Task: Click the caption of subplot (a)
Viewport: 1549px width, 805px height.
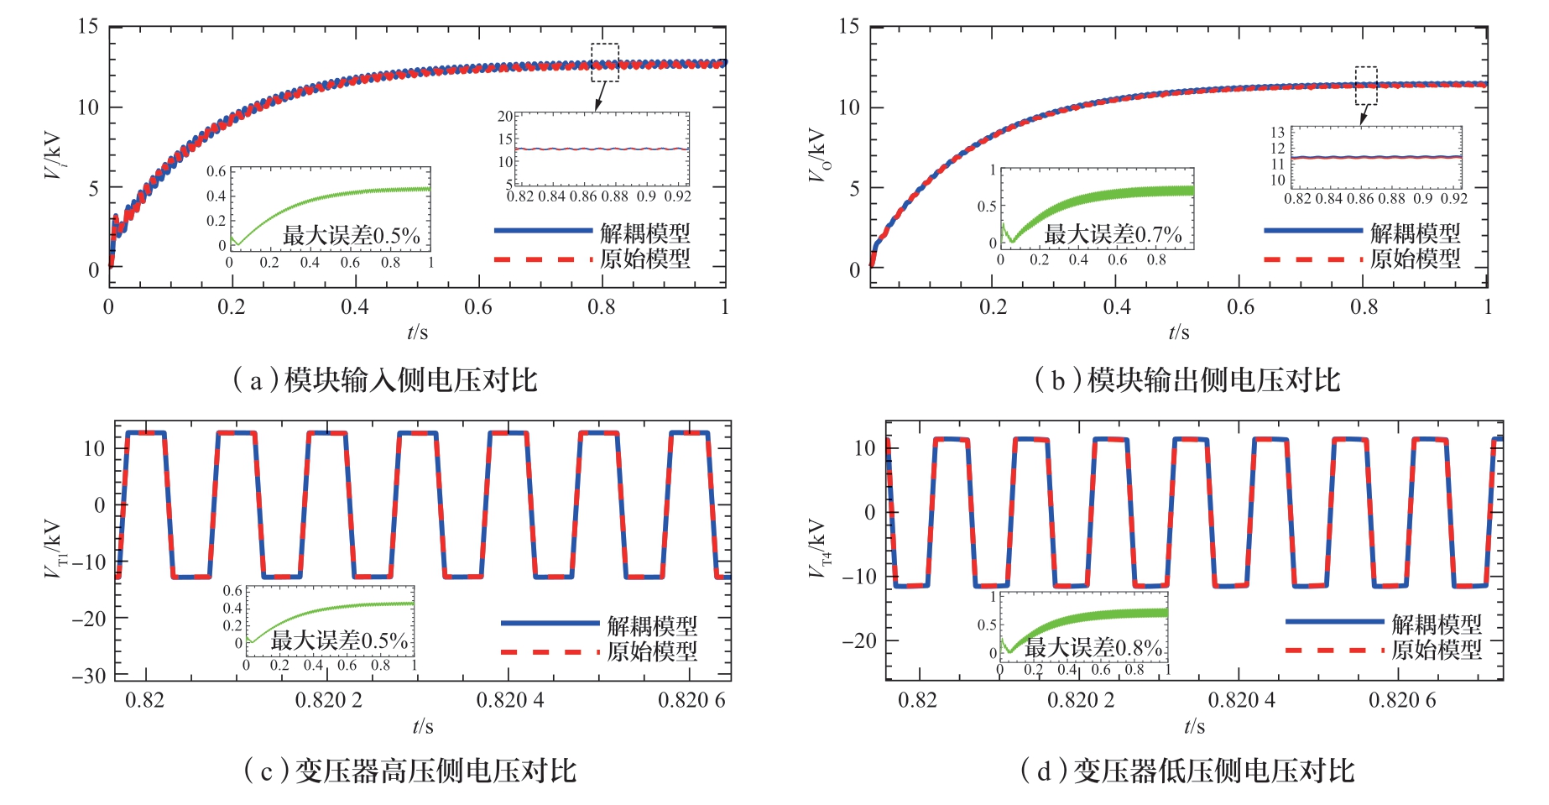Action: (385, 380)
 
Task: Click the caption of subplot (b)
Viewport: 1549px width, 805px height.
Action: (1187, 380)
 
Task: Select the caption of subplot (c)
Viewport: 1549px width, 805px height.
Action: (409, 771)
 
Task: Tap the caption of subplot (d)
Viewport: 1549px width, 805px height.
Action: (1187, 771)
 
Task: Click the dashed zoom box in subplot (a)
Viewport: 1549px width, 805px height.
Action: (605, 63)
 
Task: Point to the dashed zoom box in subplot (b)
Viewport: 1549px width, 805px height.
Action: (1366, 86)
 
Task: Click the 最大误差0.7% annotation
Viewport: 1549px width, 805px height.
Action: (1113, 234)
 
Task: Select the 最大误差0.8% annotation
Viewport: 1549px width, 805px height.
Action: (1093, 647)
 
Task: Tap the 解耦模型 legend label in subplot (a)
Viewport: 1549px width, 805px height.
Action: (644, 233)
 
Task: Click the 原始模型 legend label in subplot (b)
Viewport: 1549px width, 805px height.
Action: (1415, 259)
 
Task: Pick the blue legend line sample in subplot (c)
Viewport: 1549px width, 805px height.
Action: (550, 623)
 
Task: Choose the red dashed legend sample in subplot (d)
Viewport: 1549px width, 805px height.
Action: (1333, 650)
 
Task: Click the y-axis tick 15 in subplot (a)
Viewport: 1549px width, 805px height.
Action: (88, 26)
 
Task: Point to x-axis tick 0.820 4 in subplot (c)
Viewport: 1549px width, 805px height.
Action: (510, 700)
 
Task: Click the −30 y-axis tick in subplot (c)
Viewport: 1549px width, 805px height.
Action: (88, 676)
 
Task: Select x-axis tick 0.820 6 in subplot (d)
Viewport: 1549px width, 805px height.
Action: (1402, 700)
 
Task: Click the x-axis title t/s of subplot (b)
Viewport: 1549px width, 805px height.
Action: (1178, 333)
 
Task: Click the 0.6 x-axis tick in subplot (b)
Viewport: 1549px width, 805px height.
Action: (1240, 307)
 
